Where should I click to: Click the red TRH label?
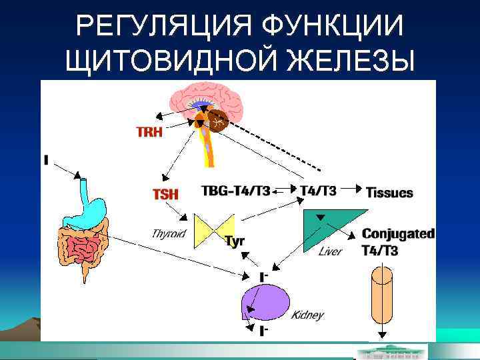[149, 132]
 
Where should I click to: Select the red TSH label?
[165, 194]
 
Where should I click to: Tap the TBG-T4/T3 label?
[235, 191]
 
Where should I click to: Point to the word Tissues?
[389, 193]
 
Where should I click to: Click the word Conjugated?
[398, 234]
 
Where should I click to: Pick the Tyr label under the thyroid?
[235, 241]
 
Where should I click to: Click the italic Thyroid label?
[169, 234]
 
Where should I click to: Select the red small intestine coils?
[83, 249]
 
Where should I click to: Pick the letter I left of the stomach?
[46, 161]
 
